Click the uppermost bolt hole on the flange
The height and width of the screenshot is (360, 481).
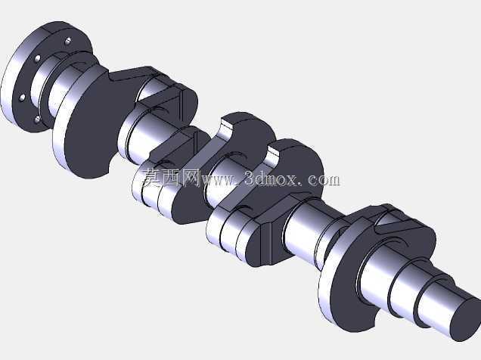point(68,41)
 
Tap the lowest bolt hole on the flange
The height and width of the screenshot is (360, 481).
point(37,119)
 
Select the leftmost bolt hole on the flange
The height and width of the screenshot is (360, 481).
point(23,98)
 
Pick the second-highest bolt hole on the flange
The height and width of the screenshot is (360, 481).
point(38,58)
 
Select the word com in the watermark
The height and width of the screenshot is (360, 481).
point(324,179)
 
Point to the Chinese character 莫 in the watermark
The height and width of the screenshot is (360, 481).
point(151,178)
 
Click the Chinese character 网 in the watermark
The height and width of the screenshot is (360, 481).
point(191,178)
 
